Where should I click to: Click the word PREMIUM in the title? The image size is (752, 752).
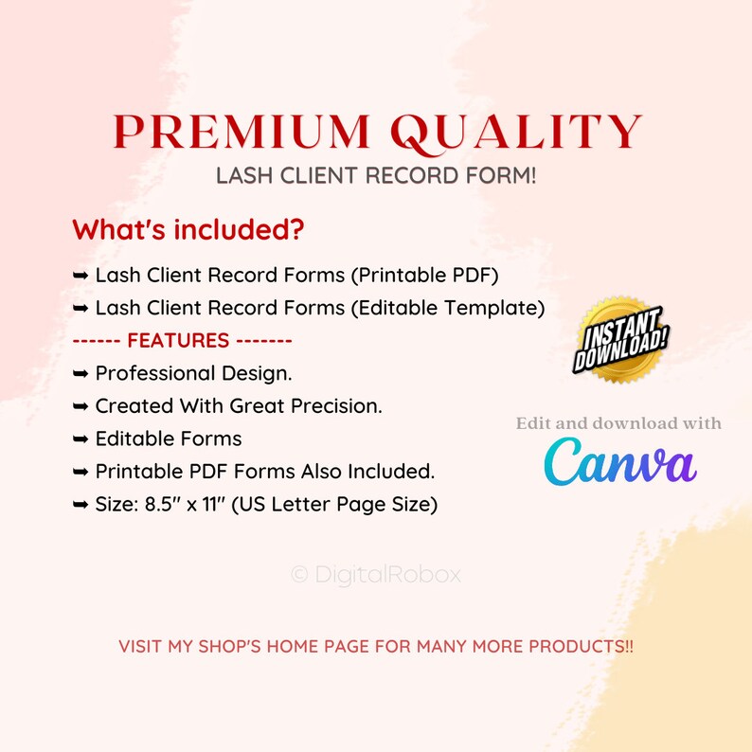pos(242,132)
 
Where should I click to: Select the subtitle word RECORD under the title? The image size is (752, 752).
pos(412,175)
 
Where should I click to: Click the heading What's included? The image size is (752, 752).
pos(188,229)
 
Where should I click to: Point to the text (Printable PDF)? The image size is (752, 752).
pos(425,276)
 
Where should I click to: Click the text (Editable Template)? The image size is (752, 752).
pos(448,308)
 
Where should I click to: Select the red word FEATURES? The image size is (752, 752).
pos(178,341)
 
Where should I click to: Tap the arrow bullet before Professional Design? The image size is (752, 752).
pos(81,373)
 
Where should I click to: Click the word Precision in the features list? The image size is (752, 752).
pos(336,406)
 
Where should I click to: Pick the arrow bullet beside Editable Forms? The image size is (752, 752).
pos(81,439)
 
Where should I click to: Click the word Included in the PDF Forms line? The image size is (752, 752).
pos(391,472)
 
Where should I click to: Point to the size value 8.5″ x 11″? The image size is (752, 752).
pos(185,504)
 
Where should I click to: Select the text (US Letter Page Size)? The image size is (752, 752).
pos(334,505)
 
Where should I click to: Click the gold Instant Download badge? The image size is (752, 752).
pos(620,340)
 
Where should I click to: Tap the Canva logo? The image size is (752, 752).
pos(620,461)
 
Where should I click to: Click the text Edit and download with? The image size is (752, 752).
pos(618,423)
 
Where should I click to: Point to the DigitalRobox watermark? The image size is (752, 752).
pos(376,574)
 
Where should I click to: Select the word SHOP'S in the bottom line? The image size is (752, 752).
pos(229,647)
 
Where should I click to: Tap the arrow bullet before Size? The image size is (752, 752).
pos(81,505)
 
